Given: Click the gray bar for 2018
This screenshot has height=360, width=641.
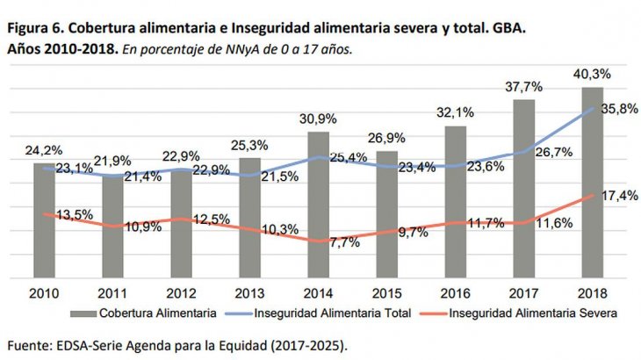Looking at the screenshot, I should click(x=592, y=184).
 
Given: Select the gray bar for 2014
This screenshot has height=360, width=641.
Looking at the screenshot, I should click(x=319, y=206).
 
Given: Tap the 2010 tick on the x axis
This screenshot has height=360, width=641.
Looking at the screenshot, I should click(x=44, y=292).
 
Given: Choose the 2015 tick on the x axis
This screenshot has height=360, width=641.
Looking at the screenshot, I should click(x=387, y=292).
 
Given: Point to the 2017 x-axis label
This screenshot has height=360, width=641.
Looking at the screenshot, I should click(x=524, y=292).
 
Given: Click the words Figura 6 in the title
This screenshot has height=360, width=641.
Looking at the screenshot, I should click(x=35, y=29).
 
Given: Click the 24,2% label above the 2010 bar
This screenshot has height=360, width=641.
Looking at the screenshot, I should click(x=43, y=150).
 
